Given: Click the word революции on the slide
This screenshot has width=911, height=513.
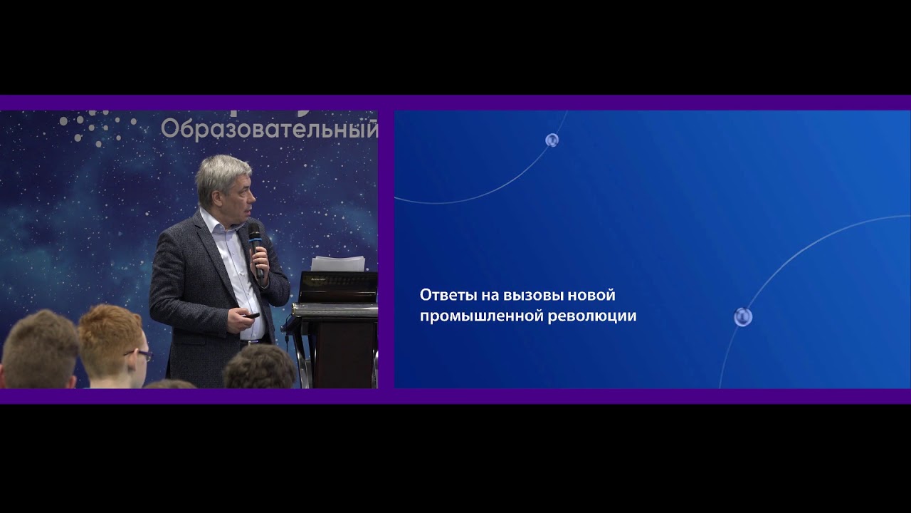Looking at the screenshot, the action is (x=592, y=316).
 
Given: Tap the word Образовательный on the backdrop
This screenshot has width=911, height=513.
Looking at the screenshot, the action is (x=270, y=130).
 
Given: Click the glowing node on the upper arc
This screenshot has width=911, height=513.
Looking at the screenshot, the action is (x=552, y=140).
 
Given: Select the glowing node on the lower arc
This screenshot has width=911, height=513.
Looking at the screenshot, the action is (x=743, y=317).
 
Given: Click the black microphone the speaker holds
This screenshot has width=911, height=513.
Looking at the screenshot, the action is (x=256, y=249).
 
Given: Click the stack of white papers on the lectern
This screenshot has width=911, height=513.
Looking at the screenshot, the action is (x=337, y=264).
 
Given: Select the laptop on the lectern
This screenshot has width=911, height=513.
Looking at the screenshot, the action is (x=338, y=287).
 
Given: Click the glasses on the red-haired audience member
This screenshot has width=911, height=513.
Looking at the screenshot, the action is (x=140, y=355).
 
